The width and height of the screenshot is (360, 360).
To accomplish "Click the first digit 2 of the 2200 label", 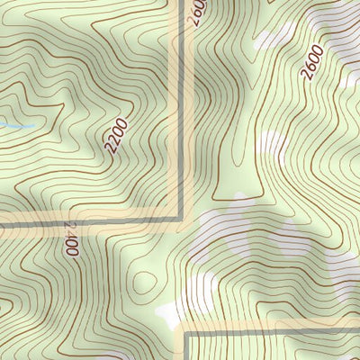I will [109, 148].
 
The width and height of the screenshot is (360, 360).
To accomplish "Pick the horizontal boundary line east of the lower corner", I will [270, 331].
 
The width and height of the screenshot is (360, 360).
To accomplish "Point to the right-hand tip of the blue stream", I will [35, 125].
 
